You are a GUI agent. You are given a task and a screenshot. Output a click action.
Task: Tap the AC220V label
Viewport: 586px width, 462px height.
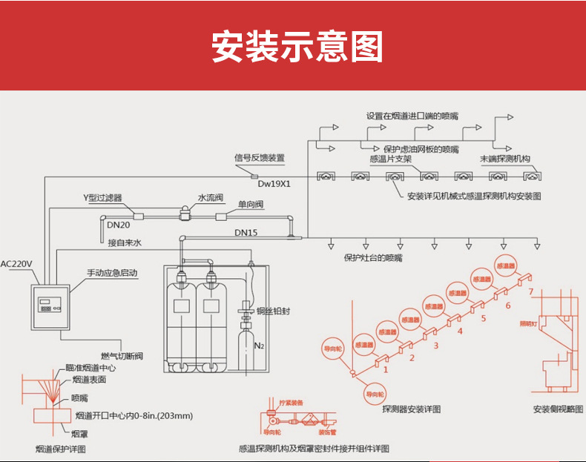pyautogui.click(x=18, y=263)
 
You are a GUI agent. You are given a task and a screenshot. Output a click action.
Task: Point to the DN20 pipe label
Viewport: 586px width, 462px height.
pyautogui.click(x=119, y=225)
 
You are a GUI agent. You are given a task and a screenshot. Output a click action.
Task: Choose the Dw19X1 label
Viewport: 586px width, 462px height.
pyautogui.click(x=274, y=183)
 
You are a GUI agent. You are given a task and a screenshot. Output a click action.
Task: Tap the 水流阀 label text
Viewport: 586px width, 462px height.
pyautogui.click(x=211, y=198)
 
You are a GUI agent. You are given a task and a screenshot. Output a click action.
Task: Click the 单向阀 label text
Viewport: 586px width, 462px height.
pyautogui.click(x=251, y=204)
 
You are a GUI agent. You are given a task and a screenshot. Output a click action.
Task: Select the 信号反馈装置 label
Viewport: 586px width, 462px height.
pyautogui.click(x=259, y=157)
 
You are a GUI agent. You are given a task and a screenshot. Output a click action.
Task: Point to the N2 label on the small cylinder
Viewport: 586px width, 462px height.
pyautogui.click(x=259, y=346)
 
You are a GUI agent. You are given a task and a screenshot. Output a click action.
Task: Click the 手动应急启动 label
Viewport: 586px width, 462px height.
pyautogui.click(x=112, y=273)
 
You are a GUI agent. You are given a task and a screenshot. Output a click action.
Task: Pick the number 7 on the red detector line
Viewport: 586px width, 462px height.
pyautogui.click(x=530, y=292)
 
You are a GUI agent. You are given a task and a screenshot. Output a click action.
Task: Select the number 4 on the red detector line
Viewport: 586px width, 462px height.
pyautogui.click(x=459, y=331)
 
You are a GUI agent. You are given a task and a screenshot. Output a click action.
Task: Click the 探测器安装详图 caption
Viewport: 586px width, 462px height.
pyautogui.click(x=411, y=409)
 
